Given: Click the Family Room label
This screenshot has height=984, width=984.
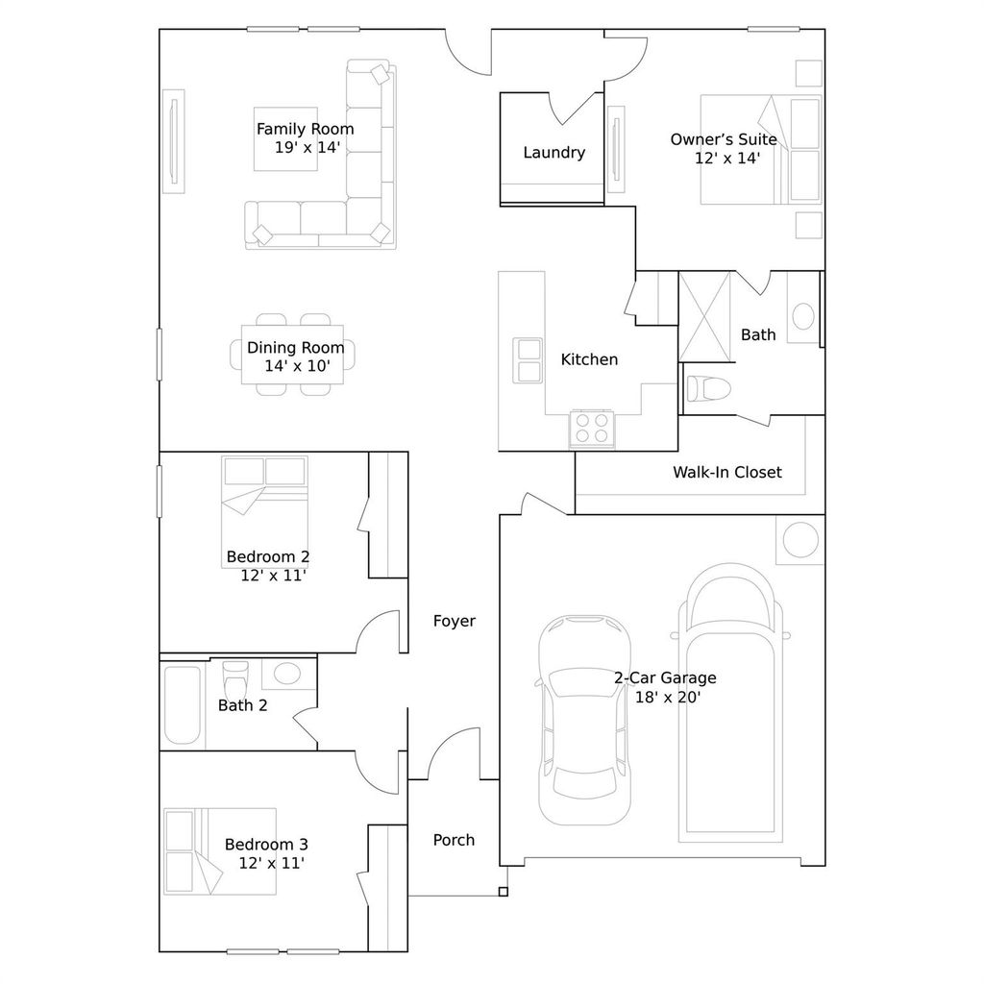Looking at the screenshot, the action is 305,130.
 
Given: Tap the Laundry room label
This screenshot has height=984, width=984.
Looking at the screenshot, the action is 554,153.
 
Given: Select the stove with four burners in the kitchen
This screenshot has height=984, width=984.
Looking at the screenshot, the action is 592,428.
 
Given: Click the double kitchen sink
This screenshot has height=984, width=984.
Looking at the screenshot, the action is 528,360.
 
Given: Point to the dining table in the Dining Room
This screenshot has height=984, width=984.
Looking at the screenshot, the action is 292,355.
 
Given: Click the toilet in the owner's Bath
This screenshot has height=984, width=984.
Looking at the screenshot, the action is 708,388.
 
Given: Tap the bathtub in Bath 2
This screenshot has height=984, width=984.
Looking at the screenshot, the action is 183,704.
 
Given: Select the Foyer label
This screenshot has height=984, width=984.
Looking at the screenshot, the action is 455,621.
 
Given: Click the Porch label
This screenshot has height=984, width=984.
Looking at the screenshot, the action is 454,840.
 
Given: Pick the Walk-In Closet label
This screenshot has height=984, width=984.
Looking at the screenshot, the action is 727,472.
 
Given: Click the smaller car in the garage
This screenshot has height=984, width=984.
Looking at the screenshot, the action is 585,720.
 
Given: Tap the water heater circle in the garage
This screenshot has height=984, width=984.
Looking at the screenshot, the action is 800,540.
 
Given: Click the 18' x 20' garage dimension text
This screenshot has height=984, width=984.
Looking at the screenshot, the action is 668,698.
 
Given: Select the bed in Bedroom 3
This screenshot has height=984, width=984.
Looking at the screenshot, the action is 220,851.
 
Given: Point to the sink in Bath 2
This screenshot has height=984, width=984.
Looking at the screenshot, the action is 288,674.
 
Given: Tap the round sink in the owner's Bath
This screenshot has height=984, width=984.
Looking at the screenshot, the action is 803,316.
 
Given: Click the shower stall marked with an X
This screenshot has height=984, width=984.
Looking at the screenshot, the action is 704,316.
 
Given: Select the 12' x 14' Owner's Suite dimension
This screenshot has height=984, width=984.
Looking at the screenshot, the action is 727,159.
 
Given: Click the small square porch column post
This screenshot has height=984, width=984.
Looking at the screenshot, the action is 504,891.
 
